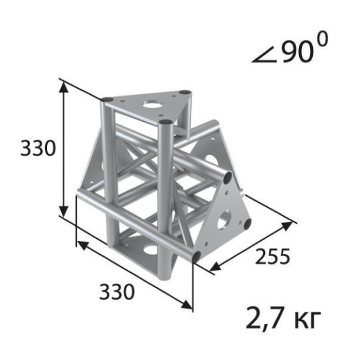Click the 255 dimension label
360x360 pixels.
click(x=272, y=256)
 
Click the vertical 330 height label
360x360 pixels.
click(x=38, y=148)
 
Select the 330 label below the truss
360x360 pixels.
click(x=117, y=291)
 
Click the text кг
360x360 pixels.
click(x=307, y=320)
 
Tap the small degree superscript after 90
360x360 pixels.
click(x=323, y=38)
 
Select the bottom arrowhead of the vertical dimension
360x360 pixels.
click(x=64, y=212)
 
